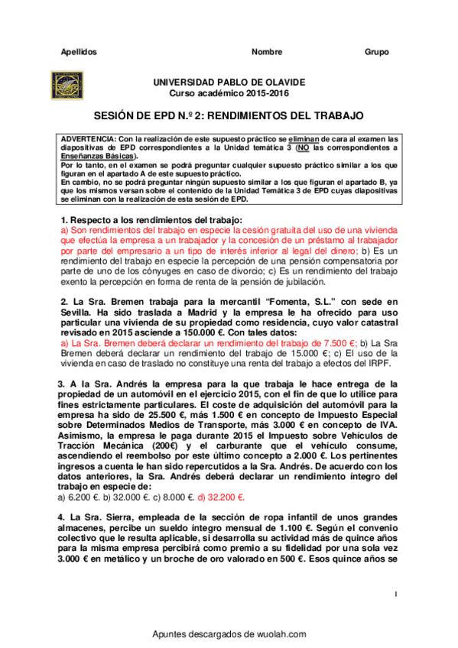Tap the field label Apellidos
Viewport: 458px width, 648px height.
[79, 52]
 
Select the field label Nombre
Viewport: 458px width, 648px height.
[266, 52]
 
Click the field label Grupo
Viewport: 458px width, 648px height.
[376, 52]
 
